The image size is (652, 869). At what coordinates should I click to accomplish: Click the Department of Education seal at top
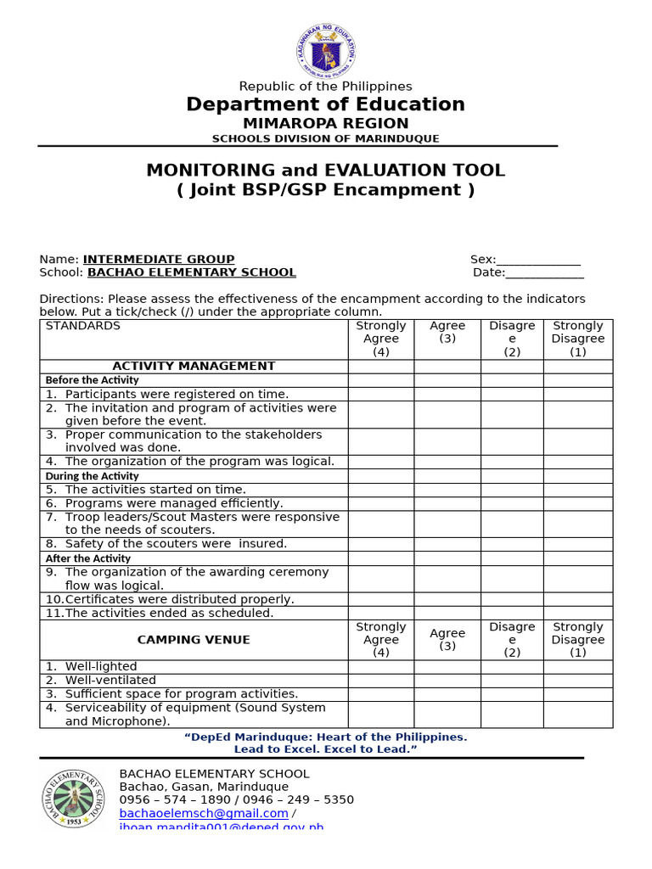point(326,51)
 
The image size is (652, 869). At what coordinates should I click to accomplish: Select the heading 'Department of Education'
point(325,104)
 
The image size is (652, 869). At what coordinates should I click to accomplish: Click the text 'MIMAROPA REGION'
point(325,124)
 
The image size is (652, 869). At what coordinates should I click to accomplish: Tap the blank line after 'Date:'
point(544,272)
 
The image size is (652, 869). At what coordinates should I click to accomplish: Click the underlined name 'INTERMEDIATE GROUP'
point(159,260)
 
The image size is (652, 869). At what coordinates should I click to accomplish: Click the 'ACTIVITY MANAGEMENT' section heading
point(194,367)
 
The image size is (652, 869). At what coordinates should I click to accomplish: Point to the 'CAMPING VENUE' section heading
point(194,640)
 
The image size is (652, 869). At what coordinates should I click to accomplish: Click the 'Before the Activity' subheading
point(92,380)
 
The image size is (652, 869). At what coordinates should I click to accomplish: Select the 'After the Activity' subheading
point(87,558)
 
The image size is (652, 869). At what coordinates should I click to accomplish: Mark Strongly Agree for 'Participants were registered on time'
point(381,395)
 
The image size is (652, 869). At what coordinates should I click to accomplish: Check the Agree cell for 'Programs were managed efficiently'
point(447,503)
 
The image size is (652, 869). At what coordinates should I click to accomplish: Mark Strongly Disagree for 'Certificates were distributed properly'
point(577,599)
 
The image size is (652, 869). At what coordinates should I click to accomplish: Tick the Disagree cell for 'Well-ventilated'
point(512,681)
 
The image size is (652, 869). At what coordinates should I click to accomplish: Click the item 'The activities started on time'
point(155,490)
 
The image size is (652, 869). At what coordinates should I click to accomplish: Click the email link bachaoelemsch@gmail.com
point(204,813)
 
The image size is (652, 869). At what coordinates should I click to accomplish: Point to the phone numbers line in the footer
point(236,799)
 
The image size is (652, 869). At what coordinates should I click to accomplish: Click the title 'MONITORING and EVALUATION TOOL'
point(325,170)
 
